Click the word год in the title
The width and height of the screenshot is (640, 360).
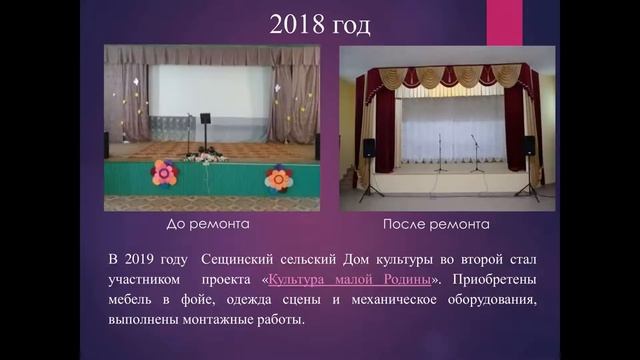click(349, 25)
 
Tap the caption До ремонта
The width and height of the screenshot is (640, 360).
click(207, 225)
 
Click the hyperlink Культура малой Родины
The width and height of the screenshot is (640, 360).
click(351, 279)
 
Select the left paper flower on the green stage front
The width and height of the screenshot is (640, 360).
click(164, 173)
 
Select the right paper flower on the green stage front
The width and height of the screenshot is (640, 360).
click(278, 178)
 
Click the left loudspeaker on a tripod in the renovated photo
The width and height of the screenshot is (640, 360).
click(369, 148)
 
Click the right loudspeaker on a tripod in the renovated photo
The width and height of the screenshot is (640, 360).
click(530, 146)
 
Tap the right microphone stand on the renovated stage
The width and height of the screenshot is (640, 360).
click(475, 153)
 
